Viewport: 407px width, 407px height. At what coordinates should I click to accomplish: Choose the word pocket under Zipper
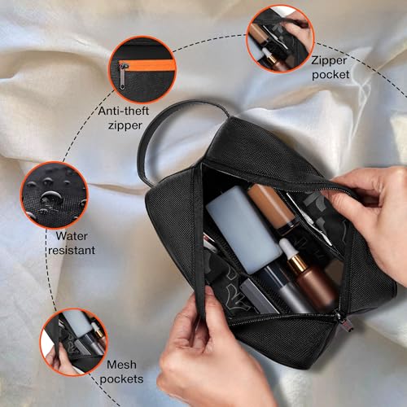(x=330, y=74)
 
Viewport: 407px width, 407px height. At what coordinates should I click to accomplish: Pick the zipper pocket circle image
(x=279, y=38)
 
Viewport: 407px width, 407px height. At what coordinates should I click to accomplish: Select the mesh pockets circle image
(x=73, y=341)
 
